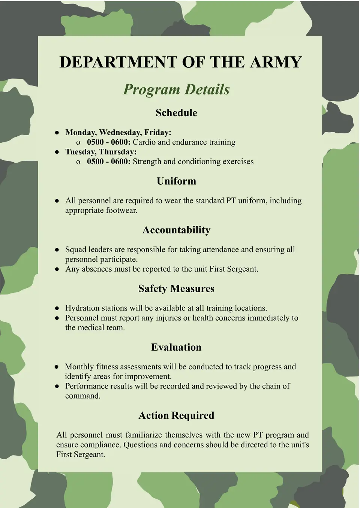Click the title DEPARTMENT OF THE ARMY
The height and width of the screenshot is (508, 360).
pos(180,62)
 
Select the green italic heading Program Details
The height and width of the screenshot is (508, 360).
pos(176,90)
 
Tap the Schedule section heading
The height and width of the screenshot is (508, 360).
pos(176,113)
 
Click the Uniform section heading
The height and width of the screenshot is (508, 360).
pos(176,181)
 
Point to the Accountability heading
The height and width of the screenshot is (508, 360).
pos(176,230)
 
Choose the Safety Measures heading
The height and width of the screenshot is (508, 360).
pos(176,288)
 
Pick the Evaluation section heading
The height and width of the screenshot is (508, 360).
pos(176,347)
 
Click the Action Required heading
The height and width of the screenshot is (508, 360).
pos(176,415)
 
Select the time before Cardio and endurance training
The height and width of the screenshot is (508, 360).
pos(109,142)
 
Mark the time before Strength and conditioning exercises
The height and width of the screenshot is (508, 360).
pos(109,162)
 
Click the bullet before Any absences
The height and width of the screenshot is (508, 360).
pos(57,269)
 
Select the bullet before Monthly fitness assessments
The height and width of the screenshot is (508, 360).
pos(57,367)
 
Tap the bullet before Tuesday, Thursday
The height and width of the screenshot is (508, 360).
pos(57,152)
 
